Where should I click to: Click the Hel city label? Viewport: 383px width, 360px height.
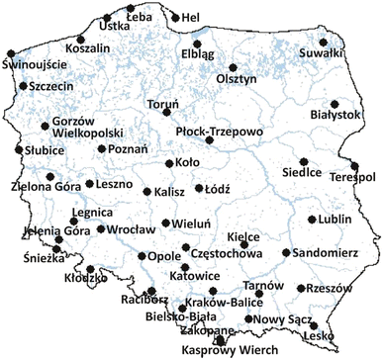tap(191, 18)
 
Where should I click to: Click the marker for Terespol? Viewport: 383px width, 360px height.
tap(354, 166)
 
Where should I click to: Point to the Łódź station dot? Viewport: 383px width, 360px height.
tap(198, 188)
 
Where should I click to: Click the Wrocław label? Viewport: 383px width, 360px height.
tap(128, 229)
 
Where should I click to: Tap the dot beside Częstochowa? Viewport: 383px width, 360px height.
tap(185, 248)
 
